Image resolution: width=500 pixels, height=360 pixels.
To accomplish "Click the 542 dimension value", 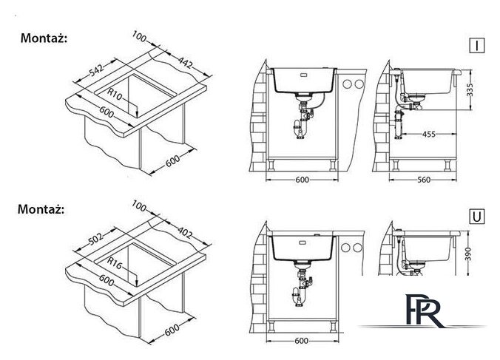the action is coord(97,70).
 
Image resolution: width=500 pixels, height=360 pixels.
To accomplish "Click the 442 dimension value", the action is coord(185,62).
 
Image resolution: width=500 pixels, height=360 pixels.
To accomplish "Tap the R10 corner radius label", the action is coord(115,94).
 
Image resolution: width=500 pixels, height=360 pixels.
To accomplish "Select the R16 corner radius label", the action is coord(115,263).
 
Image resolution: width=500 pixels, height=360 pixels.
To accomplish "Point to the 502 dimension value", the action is coord(96,240).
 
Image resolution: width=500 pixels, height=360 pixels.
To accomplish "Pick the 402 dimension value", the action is coord(185,233).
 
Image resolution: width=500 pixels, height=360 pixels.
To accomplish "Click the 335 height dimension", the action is coord(470,90).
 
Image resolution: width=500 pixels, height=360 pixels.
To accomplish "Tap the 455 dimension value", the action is coord(428,134).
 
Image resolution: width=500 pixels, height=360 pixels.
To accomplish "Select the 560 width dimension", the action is coord(424,180).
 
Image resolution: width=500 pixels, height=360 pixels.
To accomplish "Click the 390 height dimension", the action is coord(467,254).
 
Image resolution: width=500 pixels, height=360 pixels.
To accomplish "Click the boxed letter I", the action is coord(477,45).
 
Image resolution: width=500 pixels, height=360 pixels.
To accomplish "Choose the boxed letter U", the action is coord(477,217).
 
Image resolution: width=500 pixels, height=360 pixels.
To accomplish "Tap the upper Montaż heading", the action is coord(44,38).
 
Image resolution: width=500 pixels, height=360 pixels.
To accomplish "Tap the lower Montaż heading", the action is coord(41,209).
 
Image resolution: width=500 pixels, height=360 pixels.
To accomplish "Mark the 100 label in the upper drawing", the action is coord(139,36).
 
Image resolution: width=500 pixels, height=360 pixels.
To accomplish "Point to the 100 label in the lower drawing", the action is coord(139,206).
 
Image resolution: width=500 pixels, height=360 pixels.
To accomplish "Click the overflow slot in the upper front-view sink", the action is coord(303,75).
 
